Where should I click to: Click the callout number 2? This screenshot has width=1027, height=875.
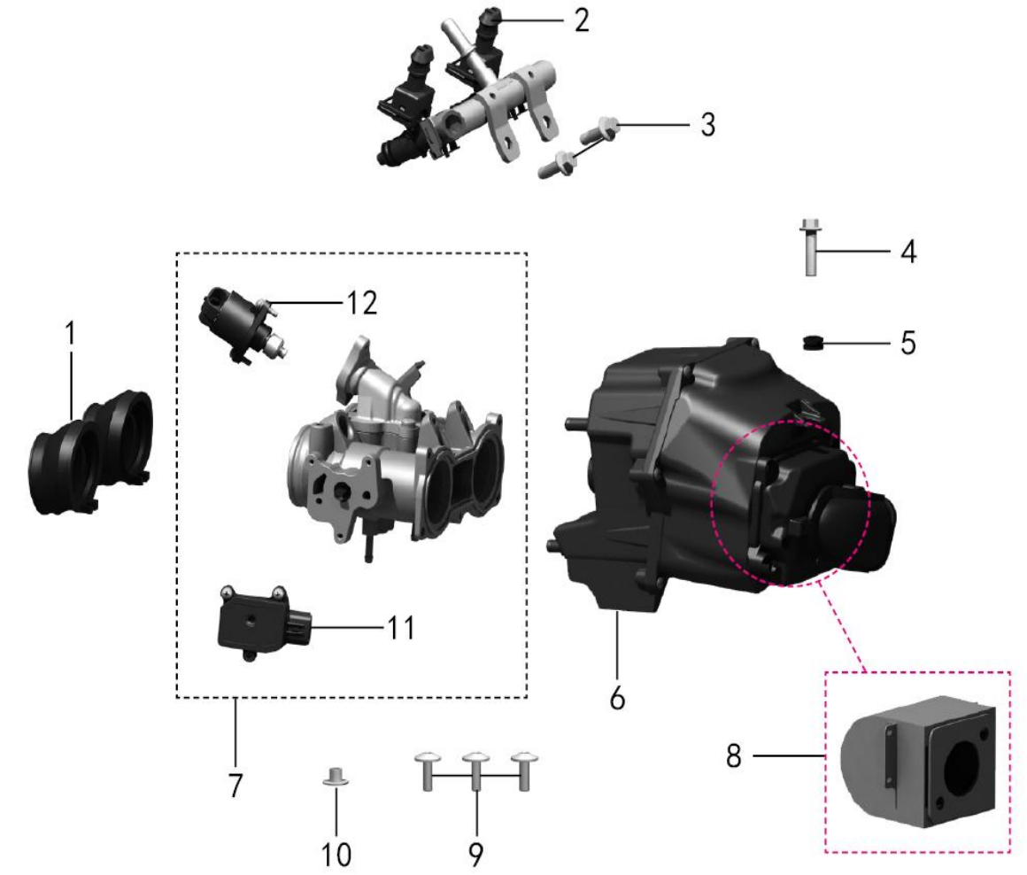(x=582, y=20)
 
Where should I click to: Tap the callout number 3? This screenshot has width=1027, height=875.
(x=707, y=125)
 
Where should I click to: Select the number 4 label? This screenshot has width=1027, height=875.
(x=907, y=252)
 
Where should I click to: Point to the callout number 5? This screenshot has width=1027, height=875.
(x=907, y=343)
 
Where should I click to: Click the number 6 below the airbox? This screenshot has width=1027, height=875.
(x=617, y=698)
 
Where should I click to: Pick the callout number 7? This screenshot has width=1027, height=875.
(x=236, y=785)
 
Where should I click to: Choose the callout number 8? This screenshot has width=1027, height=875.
(x=734, y=755)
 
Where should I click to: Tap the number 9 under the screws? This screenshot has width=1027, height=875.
(x=476, y=855)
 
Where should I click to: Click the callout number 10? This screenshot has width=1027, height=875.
(x=336, y=855)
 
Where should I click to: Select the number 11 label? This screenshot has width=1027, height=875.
(x=401, y=627)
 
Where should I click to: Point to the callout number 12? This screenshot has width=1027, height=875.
(x=361, y=303)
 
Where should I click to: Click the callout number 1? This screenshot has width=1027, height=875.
(x=70, y=333)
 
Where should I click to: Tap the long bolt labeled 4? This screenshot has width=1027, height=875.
(x=810, y=247)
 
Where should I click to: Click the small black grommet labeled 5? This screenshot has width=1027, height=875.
(x=812, y=343)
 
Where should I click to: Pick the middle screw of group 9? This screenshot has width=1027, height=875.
(x=476, y=770)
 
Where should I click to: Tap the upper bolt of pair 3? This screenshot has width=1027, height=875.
(x=600, y=129)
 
